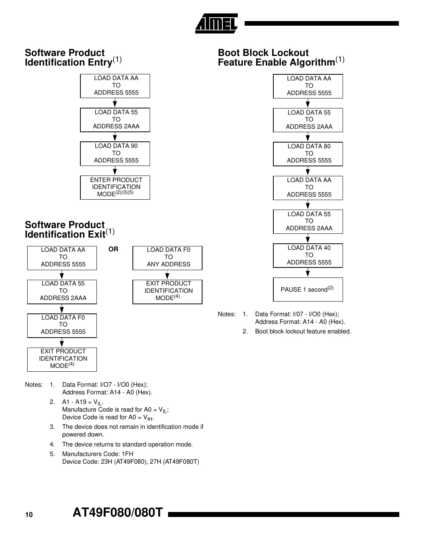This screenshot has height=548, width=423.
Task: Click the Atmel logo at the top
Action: tap(216, 24)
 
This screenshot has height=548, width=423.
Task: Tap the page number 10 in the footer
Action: tap(29, 515)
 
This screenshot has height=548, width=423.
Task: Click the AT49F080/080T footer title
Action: tap(118, 513)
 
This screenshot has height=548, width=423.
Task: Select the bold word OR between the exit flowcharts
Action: tap(113, 249)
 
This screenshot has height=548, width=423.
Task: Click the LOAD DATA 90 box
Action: tap(115, 153)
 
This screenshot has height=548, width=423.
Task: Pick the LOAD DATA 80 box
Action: tap(308, 154)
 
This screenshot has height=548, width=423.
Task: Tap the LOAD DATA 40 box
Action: tap(308, 255)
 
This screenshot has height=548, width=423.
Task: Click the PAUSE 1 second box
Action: tap(308, 289)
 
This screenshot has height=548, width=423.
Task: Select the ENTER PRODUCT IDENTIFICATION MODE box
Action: tap(115, 187)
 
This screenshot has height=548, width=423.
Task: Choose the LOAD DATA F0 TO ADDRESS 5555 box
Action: tap(62, 325)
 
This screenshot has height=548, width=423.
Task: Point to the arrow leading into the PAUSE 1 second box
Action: tap(308, 272)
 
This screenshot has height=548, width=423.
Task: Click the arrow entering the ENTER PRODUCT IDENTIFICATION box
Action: tap(115, 171)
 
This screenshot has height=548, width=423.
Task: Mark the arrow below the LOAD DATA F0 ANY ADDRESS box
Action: tap(167, 275)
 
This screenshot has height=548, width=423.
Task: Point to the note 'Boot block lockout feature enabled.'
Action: tap(303, 331)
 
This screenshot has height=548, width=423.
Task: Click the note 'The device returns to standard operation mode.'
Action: tap(127, 445)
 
